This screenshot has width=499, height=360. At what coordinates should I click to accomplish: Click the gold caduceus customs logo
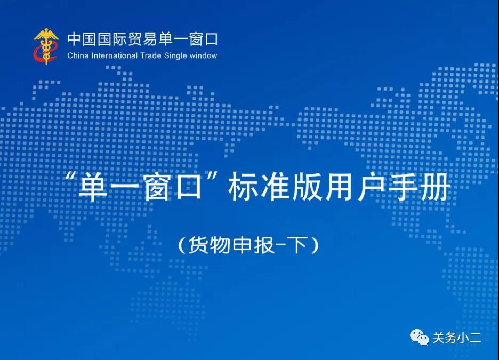click(x=46, y=46)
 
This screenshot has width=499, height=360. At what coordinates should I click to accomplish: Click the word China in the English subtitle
click(x=78, y=55)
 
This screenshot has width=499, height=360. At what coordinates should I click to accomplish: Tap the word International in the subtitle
click(x=115, y=55)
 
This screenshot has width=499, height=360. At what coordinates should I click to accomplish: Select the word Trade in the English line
click(x=151, y=55)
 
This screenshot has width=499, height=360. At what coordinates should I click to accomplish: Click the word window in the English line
click(x=203, y=55)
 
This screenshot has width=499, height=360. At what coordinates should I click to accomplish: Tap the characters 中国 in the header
click(x=82, y=39)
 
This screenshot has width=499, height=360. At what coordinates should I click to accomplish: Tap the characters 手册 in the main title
click(x=419, y=187)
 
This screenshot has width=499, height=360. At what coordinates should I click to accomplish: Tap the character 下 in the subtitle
click(x=297, y=245)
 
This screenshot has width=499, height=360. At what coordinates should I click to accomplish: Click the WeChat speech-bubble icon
click(x=419, y=337)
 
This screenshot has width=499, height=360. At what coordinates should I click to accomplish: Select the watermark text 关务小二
click(x=457, y=338)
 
